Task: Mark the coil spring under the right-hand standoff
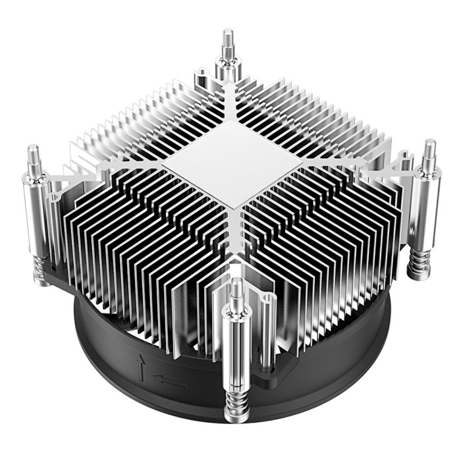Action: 418,265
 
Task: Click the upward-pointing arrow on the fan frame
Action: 140,366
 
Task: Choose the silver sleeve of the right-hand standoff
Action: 424,207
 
